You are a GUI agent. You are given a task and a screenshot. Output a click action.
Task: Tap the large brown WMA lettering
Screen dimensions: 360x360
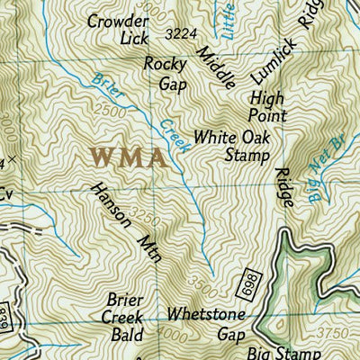pyautogui.click(x=128, y=158)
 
